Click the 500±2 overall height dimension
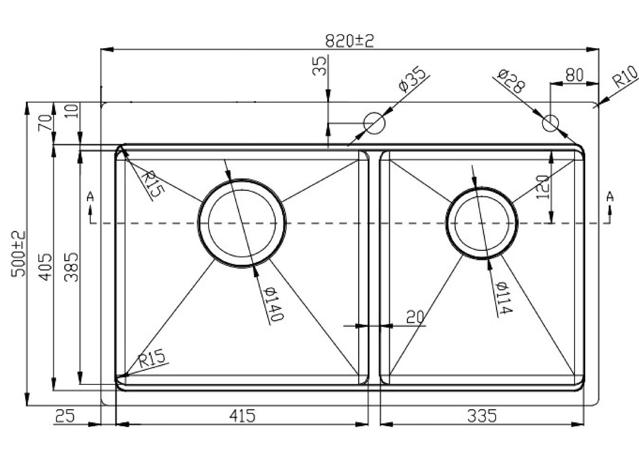pos(18,254)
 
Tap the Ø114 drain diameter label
pos(505,298)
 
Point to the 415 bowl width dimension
pos(242,416)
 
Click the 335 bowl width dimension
pos(482,416)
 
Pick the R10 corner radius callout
pos(625,77)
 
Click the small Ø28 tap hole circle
pos(550,123)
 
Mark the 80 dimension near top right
pos(575,75)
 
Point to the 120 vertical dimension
pos(543,187)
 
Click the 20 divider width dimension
pos(414,317)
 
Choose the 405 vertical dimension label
pos(46,267)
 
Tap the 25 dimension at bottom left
pos(65,416)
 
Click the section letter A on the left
pos(90,197)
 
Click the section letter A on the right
pos(609,197)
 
